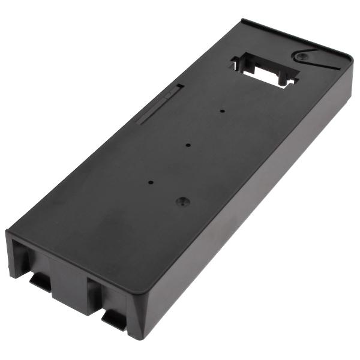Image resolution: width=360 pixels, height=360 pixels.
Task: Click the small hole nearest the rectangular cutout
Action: click(x=222, y=111)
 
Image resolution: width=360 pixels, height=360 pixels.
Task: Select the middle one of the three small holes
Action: click(x=188, y=144)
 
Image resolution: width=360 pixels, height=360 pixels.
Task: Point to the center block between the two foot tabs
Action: click(x=71, y=282)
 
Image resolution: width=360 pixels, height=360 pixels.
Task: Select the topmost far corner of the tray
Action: click(x=242, y=20)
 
